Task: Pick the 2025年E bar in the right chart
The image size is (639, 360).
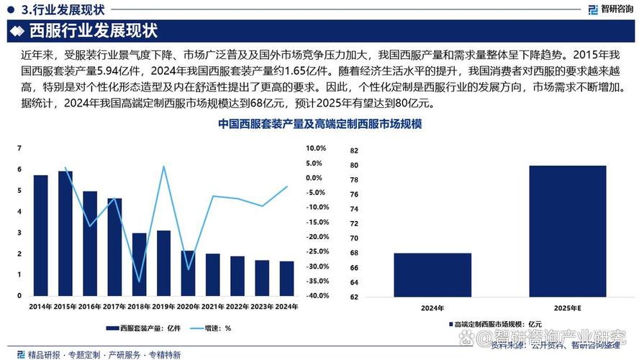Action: pyautogui.click(x=567, y=230)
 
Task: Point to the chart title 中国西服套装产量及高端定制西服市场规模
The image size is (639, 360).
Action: pyautogui.click(x=319, y=125)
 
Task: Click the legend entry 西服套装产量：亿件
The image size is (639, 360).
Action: pyautogui.click(x=140, y=328)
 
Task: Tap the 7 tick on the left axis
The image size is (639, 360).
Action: pyautogui.click(x=19, y=148)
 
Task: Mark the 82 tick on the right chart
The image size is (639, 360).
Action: pyautogui.click(x=353, y=151)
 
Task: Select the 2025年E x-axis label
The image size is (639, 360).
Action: pyautogui.click(x=567, y=308)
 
